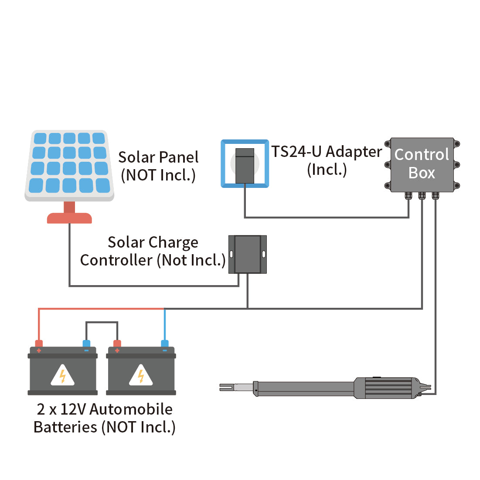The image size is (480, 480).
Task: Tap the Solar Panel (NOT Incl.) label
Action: tap(158, 166)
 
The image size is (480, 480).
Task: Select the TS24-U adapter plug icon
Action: tap(245, 165)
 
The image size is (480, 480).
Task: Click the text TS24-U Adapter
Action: tap(327, 152)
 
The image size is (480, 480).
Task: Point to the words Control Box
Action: tap(422, 163)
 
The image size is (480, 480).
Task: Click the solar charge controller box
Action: tap(248, 254)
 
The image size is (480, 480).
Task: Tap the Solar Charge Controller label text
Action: tap(153, 251)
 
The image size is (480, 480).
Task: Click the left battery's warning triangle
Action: tap(62, 375)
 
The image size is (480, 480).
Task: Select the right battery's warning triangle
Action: tap(141, 375)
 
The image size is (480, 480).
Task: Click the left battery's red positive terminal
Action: tap(39, 344)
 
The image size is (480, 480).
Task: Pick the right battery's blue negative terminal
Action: tap(164, 344)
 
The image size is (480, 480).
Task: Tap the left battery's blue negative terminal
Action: tap(86, 344)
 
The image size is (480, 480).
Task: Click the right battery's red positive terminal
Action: tap(116, 344)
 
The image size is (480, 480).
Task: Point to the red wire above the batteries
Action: tap(100, 309)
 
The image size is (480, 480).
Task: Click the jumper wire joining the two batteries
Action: tap(102, 322)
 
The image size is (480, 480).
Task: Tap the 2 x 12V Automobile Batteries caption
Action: tap(105, 418)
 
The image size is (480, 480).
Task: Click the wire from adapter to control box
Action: tap(327, 217)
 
